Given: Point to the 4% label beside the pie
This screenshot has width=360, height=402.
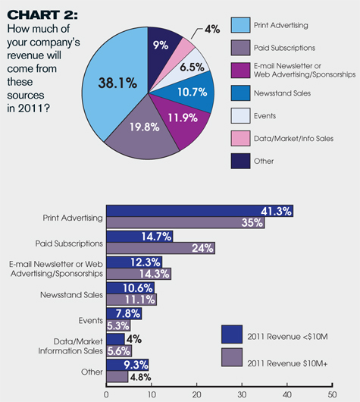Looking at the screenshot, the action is tap(212, 30).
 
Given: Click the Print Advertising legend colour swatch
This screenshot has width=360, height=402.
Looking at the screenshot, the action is tap(240, 25).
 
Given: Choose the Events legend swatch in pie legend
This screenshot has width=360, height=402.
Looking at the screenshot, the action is tap(240, 115).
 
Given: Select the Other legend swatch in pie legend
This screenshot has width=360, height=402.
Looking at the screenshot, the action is tap(240, 161).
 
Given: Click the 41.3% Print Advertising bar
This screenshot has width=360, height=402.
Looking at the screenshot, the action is tap(199, 211).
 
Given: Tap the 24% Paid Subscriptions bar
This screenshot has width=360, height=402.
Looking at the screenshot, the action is tap(161, 248).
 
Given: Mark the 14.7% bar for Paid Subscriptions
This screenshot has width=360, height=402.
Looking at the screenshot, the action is tap(139, 237).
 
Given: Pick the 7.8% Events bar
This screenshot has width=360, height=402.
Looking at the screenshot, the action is tap(124, 313).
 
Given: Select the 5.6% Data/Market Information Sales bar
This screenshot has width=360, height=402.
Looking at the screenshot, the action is tap(119, 350).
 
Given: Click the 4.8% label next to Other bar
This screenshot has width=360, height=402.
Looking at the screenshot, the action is tap(140, 377).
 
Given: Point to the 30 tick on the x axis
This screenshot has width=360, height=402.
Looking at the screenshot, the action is tap(242, 385).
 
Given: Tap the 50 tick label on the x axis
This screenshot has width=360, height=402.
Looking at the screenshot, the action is tap(332, 394).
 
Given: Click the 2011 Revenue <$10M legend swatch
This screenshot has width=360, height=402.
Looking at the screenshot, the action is tap(232, 334).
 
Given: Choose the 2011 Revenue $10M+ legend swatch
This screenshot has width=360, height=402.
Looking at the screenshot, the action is tap(232, 357).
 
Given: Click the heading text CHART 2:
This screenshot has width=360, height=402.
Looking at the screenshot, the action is tap(42, 15).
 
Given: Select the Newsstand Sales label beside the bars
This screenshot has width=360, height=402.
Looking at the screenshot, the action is tap(71, 295).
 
